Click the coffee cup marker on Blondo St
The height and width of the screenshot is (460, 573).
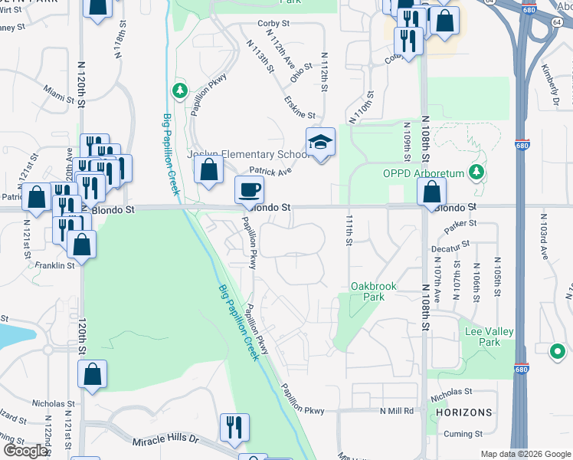[x=247, y=189]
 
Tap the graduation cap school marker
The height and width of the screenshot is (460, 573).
[x=320, y=142]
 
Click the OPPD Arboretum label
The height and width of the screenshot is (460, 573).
[x=424, y=173]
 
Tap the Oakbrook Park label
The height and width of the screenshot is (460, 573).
[x=373, y=291]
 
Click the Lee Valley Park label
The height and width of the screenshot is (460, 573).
[x=489, y=337]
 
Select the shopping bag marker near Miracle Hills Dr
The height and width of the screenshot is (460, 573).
[x=92, y=374]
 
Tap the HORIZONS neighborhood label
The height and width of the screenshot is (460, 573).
[x=463, y=412]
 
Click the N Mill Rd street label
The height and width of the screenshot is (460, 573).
[x=396, y=411]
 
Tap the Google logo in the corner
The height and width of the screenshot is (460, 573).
[x=25, y=451]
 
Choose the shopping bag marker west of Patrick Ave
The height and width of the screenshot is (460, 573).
[x=208, y=169]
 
